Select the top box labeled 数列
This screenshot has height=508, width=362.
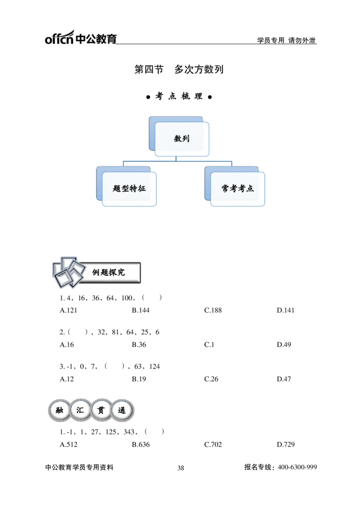click(181, 139)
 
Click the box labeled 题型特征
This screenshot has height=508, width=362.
click(129, 188)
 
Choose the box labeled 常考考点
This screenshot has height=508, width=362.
click(238, 188)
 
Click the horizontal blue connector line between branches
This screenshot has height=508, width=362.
click(177, 160)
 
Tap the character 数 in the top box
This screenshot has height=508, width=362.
click(177, 139)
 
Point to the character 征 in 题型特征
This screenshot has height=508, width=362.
click(142, 188)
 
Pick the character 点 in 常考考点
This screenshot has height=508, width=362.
click(250, 188)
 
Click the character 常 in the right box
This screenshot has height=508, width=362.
click(225, 188)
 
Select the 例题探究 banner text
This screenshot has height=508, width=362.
click(109, 273)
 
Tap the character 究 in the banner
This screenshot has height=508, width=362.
click(121, 273)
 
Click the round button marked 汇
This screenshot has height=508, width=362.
click(81, 411)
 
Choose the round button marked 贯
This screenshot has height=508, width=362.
click(101, 411)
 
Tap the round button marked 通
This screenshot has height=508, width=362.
click(122, 411)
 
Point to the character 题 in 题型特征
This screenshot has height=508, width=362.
click(117, 188)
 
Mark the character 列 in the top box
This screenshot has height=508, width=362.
click(186, 139)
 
